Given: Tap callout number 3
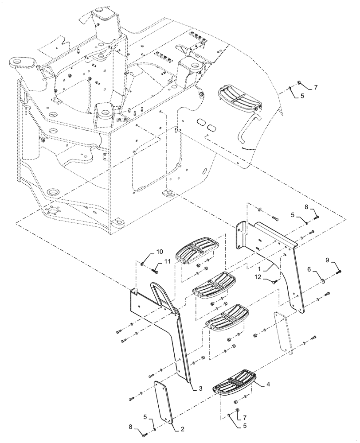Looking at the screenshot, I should point(200,389).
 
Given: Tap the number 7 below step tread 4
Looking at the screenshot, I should point(244,417).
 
